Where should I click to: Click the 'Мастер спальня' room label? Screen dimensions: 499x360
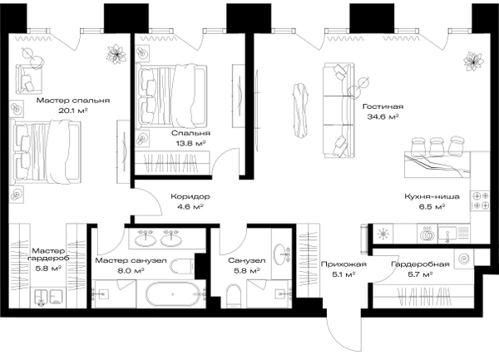pos(73,101)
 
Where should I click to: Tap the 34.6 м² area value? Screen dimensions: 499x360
pos(383,116)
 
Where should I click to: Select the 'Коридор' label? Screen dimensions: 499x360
pos(190,196)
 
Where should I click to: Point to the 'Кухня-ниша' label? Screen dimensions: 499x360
pos(432,196)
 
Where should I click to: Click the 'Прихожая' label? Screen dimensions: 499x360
pos(343,264)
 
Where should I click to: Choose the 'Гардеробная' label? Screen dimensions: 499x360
pos(420,264)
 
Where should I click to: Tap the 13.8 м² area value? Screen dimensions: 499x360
pos(190,143)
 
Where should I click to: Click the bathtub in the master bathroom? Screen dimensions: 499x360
pos(173,294)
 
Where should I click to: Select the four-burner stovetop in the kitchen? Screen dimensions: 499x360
pos(480,201)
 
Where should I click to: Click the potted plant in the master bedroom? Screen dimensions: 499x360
pos(116,54)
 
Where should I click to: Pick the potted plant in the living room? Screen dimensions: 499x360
pos(473,62)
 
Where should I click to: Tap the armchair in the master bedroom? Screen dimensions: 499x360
pos(28,78)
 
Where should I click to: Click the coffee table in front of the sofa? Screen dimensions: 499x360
pos(300,110)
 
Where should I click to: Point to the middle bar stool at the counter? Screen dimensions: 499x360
pos(437,145)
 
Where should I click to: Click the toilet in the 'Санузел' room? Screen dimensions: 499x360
pos(234,296)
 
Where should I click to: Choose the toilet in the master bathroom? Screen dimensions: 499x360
pos(182,266)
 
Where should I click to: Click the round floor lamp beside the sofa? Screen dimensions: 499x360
pos(358,86)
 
